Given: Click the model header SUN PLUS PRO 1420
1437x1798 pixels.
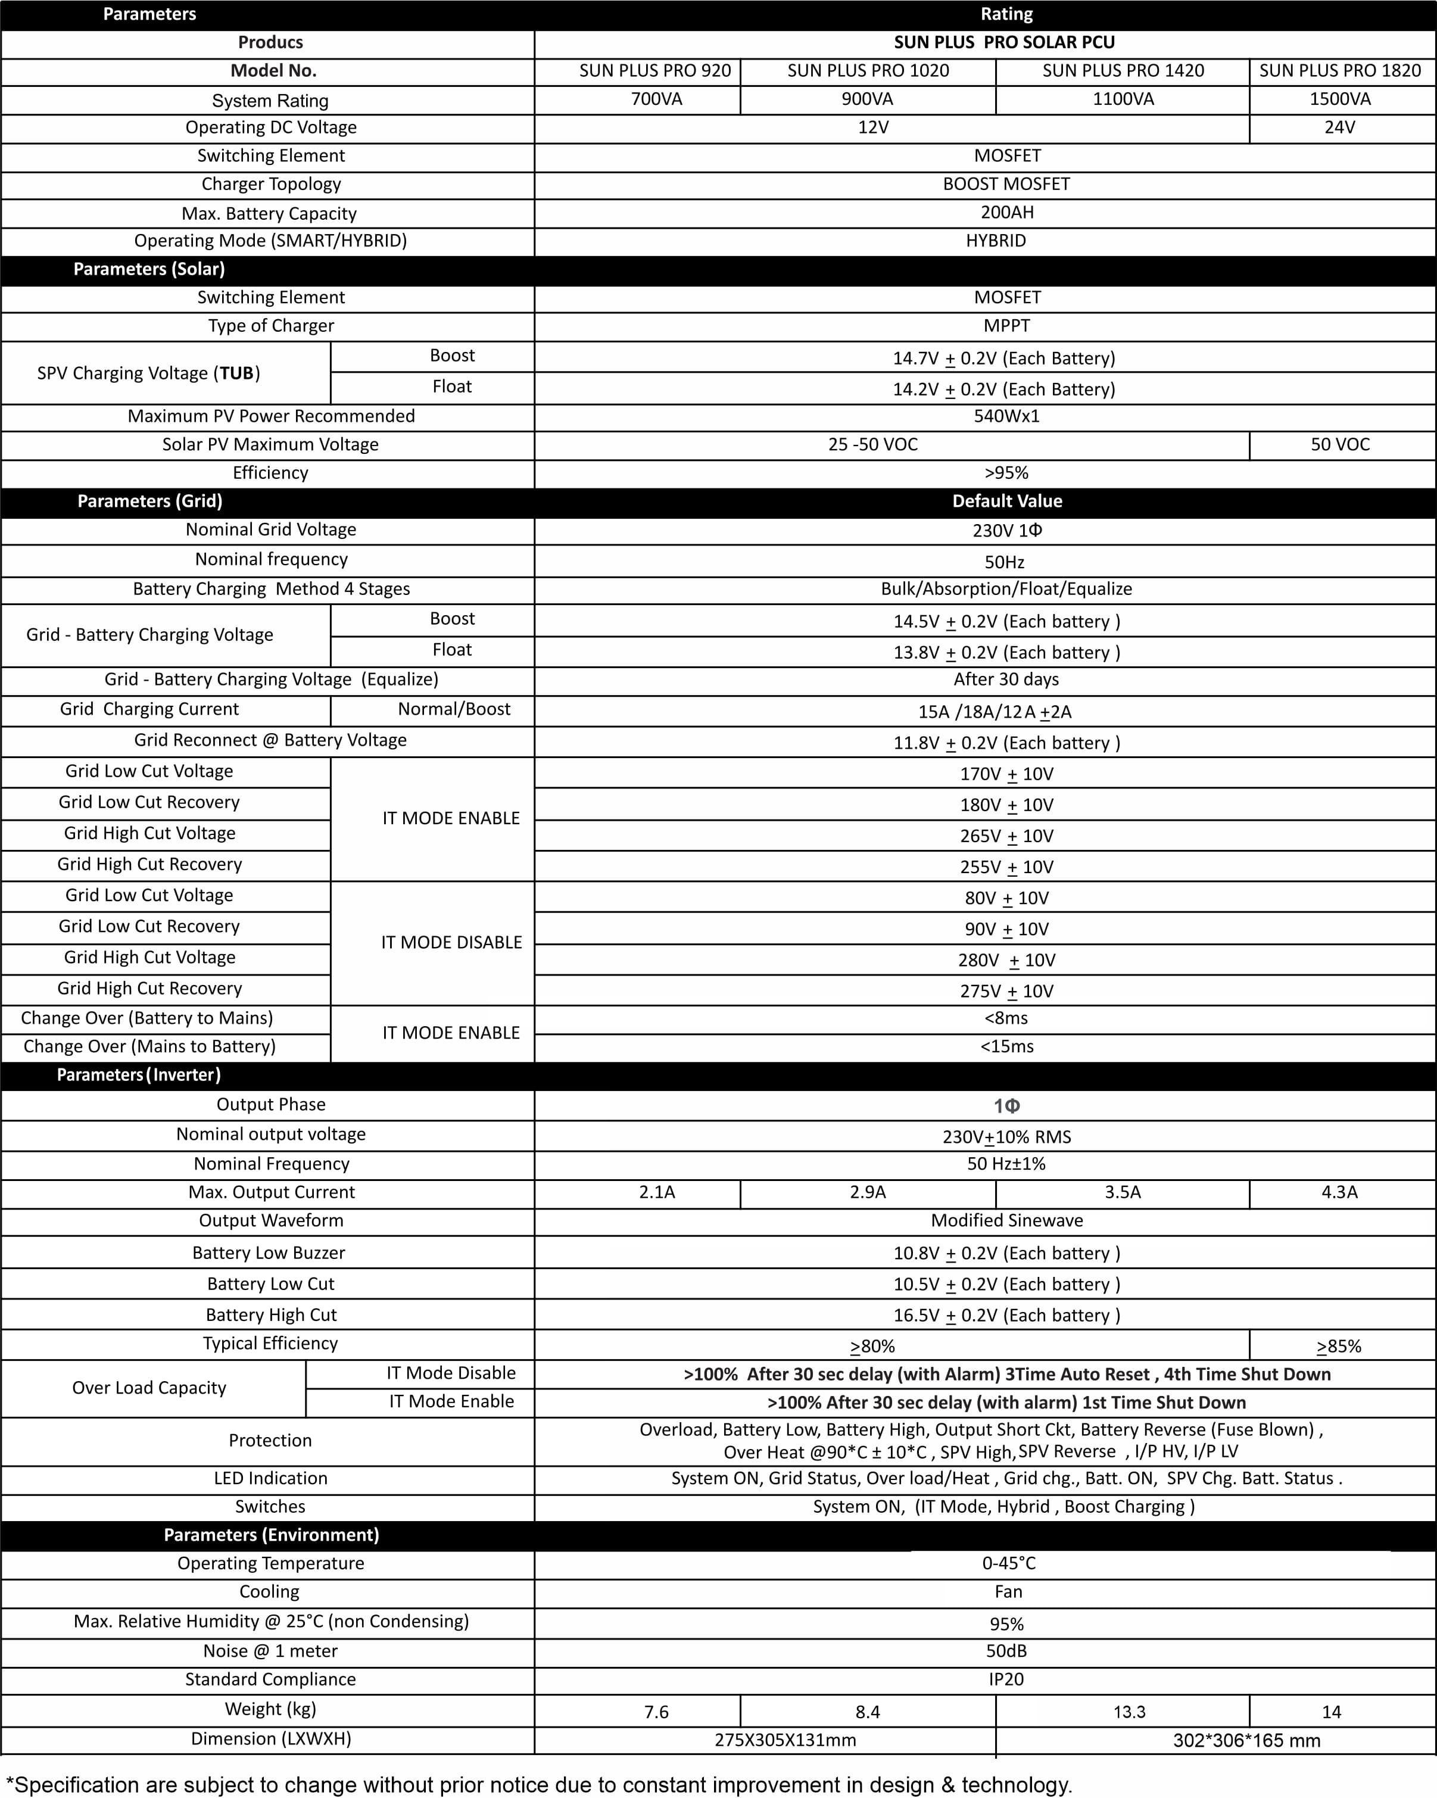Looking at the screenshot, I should (1123, 71).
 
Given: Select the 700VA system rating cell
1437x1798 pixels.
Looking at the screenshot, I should (656, 99).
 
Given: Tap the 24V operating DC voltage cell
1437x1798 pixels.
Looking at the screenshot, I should (1339, 127).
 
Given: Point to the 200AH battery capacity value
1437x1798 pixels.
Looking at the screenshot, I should (1006, 213).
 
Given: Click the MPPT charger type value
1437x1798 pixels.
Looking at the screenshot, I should (1006, 326).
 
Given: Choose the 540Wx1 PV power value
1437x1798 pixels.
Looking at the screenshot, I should (1006, 416).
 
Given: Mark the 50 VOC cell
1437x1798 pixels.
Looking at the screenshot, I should (1339, 444).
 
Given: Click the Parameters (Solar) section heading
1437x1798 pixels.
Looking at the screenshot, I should (149, 269).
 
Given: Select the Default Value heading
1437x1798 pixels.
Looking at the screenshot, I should (1006, 501).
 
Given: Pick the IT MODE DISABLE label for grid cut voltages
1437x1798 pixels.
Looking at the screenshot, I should (451, 942).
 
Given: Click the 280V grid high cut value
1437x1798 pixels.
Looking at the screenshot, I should (1006, 961).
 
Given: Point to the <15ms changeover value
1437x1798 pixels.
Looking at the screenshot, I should (1006, 1046).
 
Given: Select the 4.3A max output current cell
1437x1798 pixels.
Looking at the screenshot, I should (1339, 1192).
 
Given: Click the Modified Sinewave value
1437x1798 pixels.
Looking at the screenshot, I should (1006, 1221).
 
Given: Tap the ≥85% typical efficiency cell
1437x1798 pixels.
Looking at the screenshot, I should (1339, 1347).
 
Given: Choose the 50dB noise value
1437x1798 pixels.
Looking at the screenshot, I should (1006, 1651).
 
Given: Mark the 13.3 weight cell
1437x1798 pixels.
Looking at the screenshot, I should (1129, 1712).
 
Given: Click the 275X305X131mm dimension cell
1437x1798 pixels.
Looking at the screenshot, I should (785, 1740).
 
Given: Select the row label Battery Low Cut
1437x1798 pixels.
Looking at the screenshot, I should (270, 1284).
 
